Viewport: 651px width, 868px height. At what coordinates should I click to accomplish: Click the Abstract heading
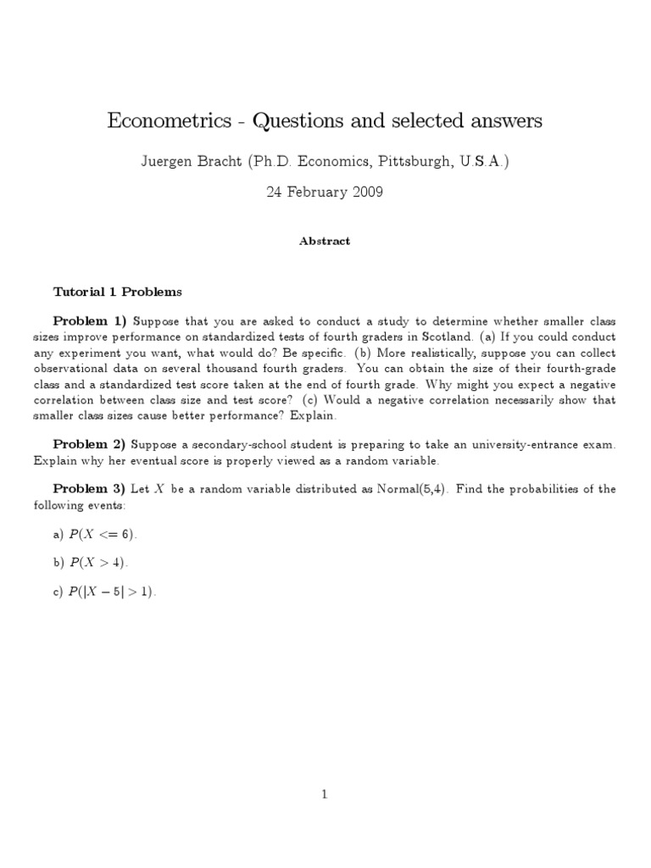325,241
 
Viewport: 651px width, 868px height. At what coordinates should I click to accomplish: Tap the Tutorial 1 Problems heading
117,292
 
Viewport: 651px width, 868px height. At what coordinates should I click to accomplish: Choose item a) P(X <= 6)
94,535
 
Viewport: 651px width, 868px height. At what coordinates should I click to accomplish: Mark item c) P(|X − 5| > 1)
104,593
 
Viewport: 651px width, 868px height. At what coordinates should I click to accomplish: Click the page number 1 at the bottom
325,794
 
